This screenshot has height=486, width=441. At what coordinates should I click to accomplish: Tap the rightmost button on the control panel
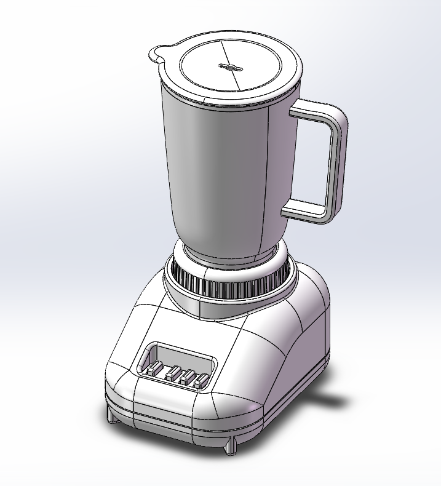pyautogui.click(x=199, y=381)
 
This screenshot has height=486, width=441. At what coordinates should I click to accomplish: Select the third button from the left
pyautogui.click(x=184, y=376)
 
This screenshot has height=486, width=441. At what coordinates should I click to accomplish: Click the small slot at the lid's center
pyautogui.click(x=231, y=66)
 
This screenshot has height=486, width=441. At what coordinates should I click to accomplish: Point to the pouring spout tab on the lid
pyautogui.click(x=157, y=54)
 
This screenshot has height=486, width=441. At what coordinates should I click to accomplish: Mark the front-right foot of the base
pyautogui.click(x=231, y=447)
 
